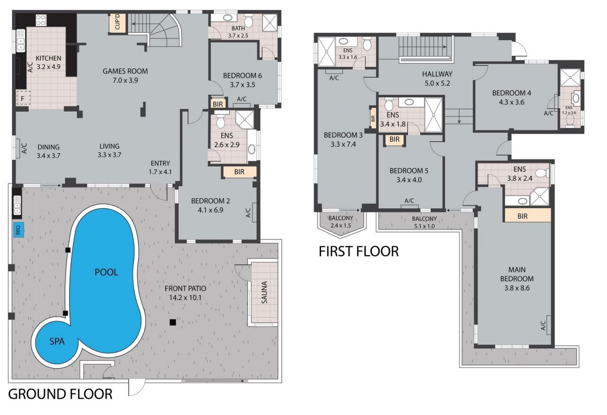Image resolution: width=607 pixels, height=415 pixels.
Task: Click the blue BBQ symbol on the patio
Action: [19, 230]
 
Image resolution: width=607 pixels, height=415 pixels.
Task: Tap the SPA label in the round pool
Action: [57, 341]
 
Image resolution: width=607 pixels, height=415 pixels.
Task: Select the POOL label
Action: [106, 272]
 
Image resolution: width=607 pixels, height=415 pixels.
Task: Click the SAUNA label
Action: [265, 292]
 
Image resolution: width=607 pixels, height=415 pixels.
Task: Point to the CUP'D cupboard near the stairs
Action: [118, 23]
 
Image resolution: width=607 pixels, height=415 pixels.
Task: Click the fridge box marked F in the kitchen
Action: [23, 98]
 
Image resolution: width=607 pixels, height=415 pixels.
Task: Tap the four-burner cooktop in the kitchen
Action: [41, 20]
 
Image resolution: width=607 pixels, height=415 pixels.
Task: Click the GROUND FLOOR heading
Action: [60, 394]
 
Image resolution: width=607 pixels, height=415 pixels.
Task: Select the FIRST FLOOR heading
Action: [359, 251]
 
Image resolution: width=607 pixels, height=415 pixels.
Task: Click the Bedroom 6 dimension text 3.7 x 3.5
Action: [242, 85]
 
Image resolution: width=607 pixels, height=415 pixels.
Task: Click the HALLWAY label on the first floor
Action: [437, 74]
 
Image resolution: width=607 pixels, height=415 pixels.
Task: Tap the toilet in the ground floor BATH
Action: [248, 20]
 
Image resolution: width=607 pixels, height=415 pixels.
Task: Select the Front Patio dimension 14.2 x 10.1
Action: [185, 298]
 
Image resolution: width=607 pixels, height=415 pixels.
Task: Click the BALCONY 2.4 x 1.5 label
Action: [340, 222]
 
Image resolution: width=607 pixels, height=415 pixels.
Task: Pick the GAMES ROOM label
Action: [125, 71]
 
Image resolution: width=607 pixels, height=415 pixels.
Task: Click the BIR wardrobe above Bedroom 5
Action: [395, 139]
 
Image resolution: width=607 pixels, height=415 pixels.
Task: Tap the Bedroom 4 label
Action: [512, 93]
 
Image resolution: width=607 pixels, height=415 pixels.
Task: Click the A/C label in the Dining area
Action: [24, 148]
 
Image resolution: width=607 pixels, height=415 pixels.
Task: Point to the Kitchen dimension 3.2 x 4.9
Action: [48, 67]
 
